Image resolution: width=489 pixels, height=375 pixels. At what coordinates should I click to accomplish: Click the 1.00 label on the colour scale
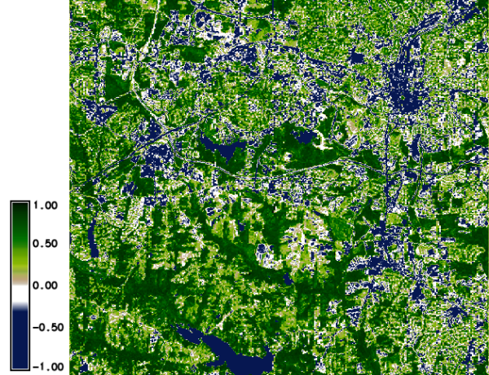point(47,206)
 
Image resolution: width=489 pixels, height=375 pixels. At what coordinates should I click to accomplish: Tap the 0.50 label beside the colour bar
point(47,245)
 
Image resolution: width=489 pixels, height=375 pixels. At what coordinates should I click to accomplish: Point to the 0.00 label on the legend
point(47,286)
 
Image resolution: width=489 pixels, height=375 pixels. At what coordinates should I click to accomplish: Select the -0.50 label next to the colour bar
point(46,327)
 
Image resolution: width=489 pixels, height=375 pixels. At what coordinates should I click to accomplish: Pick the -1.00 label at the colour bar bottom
point(46,366)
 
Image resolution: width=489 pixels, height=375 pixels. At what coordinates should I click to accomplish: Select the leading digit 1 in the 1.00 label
point(38,206)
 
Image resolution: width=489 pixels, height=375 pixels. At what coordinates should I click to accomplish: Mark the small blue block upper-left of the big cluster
point(359,57)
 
